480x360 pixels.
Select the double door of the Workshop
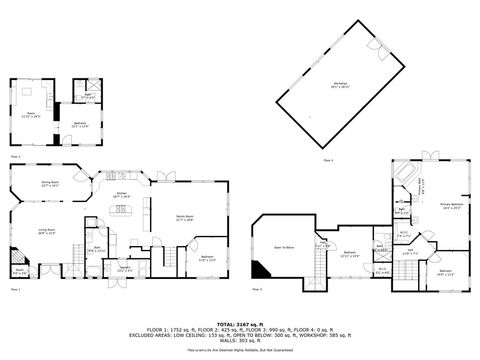(x=377, y=46)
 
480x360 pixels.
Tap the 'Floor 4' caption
(x=328, y=160)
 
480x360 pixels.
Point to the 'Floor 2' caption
(x=15, y=157)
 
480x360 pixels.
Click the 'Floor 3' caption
(x=257, y=290)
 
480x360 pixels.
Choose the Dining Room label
(x=50, y=184)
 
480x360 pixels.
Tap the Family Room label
(x=184, y=218)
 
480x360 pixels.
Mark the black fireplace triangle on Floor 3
(x=259, y=269)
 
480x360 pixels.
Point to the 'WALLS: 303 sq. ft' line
(x=239, y=340)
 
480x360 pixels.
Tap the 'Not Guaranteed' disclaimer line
(x=239, y=351)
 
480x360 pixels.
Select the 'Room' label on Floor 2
(x=31, y=114)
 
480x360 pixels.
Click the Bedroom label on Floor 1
(x=207, y=258)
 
